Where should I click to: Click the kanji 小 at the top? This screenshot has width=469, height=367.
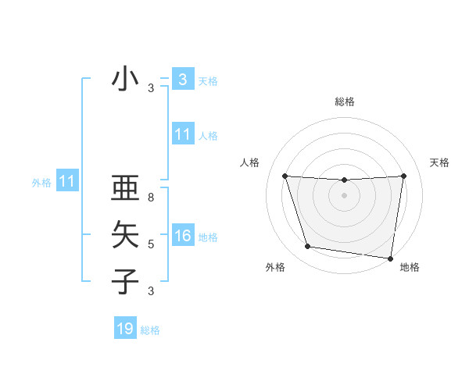pos(125,80)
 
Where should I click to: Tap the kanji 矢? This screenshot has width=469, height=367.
pos(125,235)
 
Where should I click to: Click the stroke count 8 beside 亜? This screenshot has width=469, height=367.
pos(151,198)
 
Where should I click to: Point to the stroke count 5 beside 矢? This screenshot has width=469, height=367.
pos(151,244)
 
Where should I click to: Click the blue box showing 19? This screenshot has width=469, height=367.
pos(125,329)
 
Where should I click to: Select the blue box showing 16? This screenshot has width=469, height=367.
pos(182,237)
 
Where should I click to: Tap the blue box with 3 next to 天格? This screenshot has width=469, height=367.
pos(182,80)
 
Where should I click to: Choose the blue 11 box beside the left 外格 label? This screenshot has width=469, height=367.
pos(67,182)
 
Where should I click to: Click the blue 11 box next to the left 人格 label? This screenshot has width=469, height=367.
pos(182,134)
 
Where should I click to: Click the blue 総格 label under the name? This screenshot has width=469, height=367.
pos(150,330)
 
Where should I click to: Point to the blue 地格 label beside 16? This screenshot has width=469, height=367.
pos(208,237)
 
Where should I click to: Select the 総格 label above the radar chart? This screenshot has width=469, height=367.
pos(344,102)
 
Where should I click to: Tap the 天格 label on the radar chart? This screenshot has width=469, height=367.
pos(439,162)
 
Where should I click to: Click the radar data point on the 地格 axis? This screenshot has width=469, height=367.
pos(391,258)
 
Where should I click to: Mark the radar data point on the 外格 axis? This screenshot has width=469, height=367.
pos(308,247)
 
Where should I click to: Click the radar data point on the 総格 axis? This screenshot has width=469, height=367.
pos(344,180)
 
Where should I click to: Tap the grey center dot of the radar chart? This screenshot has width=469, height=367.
pos(344,195)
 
